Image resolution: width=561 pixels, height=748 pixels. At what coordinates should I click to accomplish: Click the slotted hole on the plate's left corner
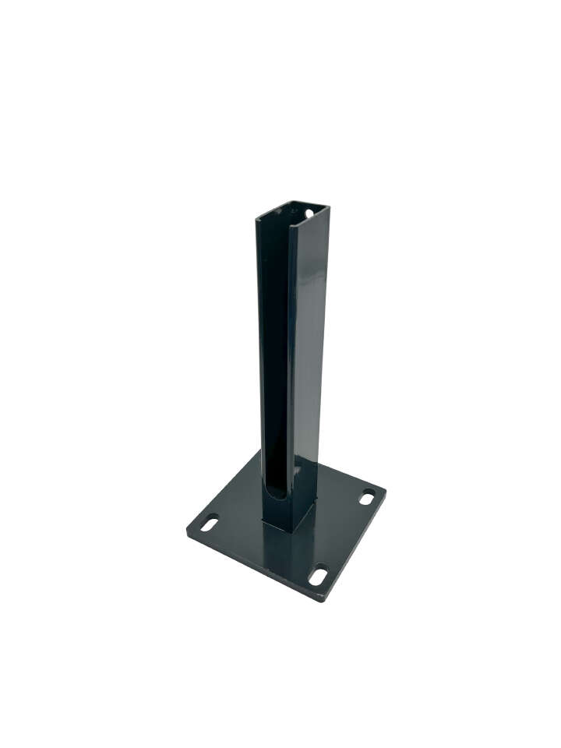209,523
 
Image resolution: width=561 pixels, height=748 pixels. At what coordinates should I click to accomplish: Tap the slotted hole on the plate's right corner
366,497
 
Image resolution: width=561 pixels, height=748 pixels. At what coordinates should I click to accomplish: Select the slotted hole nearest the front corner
318,577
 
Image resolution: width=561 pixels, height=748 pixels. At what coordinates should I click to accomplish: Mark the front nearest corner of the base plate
320,601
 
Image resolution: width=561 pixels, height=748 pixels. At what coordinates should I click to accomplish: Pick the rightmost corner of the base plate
385,491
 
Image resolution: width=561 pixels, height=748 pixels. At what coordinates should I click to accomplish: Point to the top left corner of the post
256,221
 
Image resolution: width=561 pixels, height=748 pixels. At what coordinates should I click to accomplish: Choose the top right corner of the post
328,206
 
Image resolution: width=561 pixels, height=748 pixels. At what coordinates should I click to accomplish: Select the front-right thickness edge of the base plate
355,549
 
